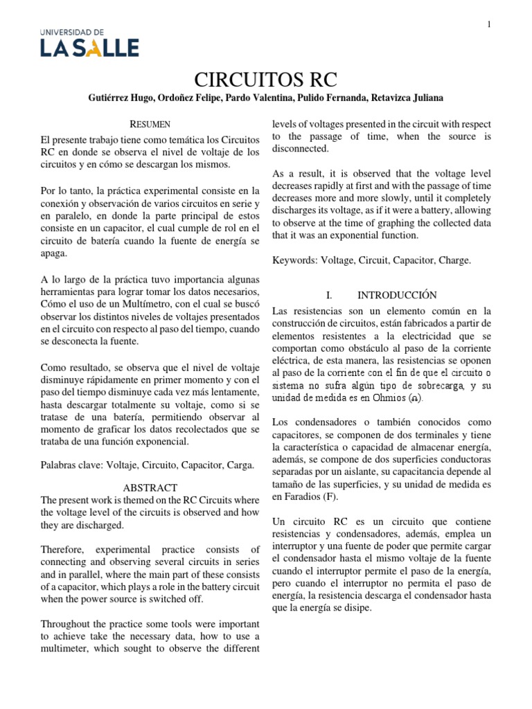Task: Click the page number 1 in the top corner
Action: (x=489, y=25)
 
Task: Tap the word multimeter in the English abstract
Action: (x=71, y=648)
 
